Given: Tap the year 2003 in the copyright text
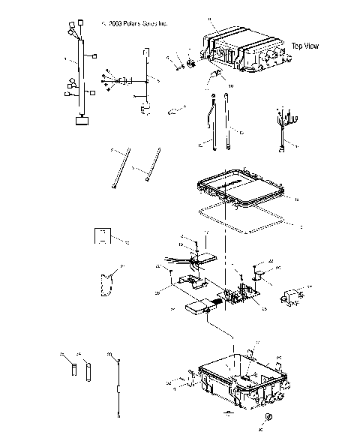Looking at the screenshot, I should point(116,24).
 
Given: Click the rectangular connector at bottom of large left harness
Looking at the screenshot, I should point(80,120).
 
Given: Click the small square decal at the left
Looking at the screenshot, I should point(101,236).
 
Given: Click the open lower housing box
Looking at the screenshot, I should point(240,382).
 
